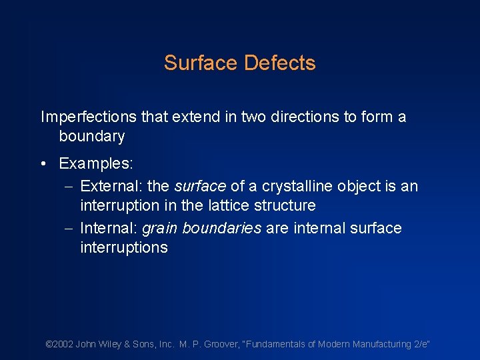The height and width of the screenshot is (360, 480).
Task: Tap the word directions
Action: [282, 117]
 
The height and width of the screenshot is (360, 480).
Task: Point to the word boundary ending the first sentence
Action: [92, 137]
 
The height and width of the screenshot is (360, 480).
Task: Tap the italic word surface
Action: [200, 187]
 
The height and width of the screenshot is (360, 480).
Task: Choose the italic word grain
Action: [160, 229]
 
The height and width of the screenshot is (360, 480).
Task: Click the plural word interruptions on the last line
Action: [124, 247]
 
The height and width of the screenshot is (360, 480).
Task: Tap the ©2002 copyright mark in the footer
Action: [59, 345]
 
